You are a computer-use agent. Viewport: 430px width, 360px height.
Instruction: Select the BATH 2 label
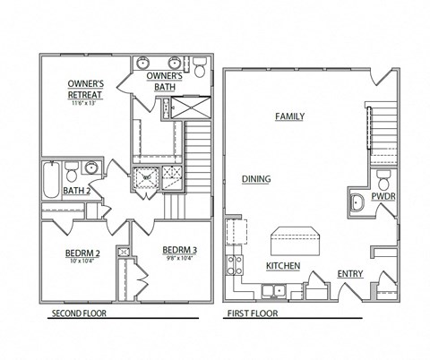coord(76,190)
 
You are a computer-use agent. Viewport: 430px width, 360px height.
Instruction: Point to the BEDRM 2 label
coord(82,253)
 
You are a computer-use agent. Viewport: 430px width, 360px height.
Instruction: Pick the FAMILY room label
coord(289,116)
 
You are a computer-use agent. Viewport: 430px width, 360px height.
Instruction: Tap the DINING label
coord(256,179)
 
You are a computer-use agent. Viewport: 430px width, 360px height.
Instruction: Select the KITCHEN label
coord(282,266)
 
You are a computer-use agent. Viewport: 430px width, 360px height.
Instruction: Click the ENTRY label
coord(349,274)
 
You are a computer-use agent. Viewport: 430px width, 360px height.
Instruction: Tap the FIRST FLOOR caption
coord(252,313)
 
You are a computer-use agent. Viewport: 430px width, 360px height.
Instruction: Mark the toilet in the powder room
coord(383,178)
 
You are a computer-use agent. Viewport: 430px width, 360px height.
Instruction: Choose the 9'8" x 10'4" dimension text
coord(183,260)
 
